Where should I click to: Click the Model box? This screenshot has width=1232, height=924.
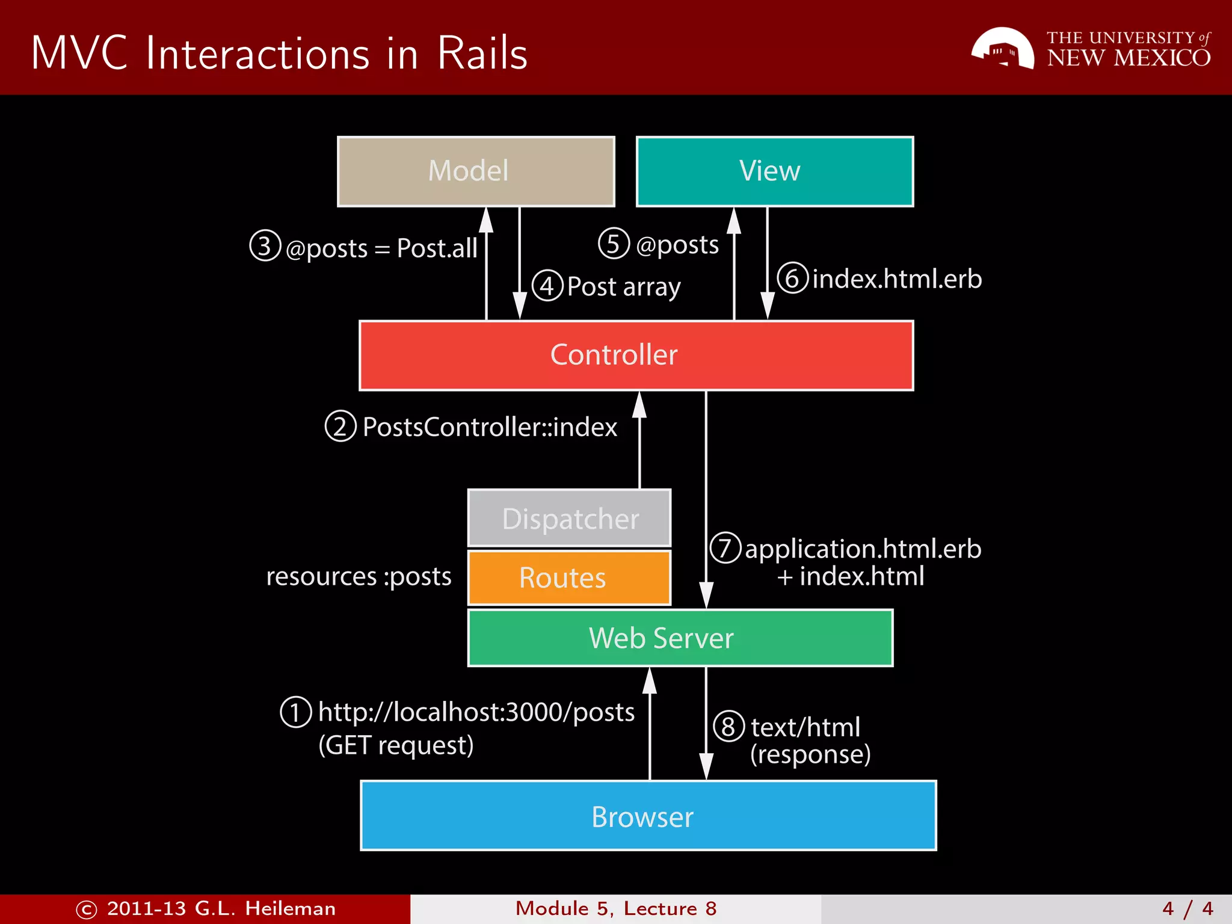coord(476,171)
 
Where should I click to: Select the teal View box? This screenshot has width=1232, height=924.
coord(775,171)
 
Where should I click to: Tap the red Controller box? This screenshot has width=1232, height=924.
coord(636,355)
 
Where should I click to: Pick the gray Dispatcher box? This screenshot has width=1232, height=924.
coord(569,518)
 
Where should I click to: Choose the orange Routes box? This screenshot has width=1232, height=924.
coord(569,577)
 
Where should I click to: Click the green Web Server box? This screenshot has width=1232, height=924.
coord(680,638)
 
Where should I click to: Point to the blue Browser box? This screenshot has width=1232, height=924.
coord(648,816)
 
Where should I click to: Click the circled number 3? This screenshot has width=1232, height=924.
coord(265,245)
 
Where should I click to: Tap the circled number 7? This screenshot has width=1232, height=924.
coord(725,547)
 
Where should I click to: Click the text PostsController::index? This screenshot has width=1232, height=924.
coord(490,427)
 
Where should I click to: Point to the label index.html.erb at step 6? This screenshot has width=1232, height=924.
coord(896,279)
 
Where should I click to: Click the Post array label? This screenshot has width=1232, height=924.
coord(624,287)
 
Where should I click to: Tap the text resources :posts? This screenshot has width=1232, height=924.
coord(359,576)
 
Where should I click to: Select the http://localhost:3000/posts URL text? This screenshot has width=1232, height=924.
coord(476,712)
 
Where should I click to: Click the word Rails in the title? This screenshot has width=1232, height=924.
coord(482,54)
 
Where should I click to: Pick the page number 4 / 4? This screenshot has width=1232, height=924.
coord(1187,908)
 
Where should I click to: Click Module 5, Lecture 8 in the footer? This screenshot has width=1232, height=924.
coord(616,908)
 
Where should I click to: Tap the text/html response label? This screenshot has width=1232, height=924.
coord(805,728)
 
